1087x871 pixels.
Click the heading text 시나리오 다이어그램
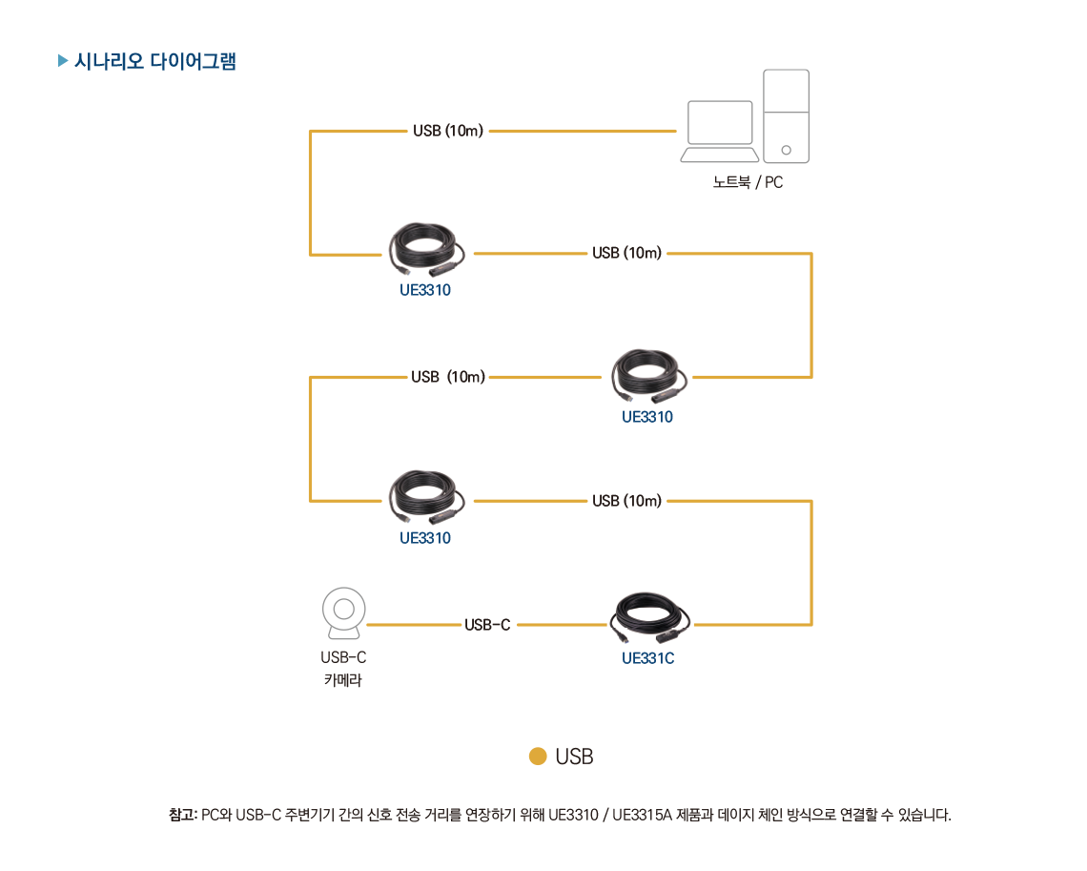[x=154, y=62]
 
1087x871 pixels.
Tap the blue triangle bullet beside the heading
[x=63, y=62]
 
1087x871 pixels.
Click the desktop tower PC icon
[x=786, y=114]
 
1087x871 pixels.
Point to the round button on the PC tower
[x=786, y=150]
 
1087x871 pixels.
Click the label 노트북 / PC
[x=748, y=182]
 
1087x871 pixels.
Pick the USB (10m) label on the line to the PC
[x=448, y=131]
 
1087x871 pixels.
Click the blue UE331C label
[x=647, y=658]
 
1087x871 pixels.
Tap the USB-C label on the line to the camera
[x=487, y=625]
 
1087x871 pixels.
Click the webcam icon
[x=343, y=615]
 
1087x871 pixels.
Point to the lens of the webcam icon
[x=343, y=607]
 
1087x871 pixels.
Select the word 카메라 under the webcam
[x=343, y=680]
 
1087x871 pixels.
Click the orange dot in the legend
[x=538, y=757]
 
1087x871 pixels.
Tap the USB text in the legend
[x=574, y=757]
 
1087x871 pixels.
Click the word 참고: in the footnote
[x=182, y=815]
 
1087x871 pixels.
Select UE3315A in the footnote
[x=643, y=815]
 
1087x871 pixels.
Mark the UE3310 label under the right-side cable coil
[x=647, y=417]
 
